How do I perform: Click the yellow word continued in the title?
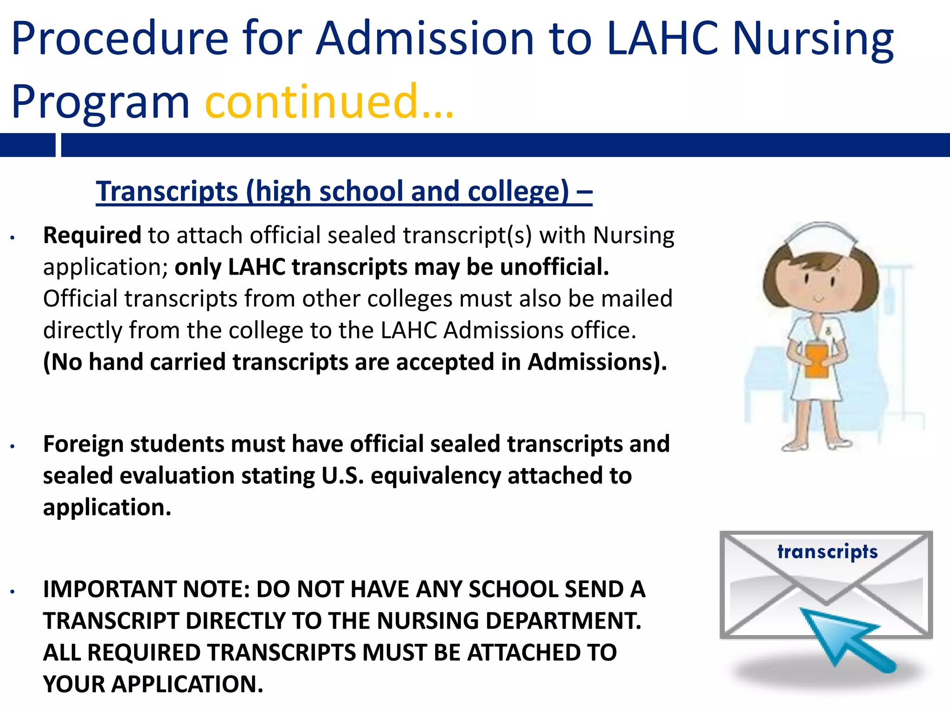312,101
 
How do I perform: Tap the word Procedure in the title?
120,39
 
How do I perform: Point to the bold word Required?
92,235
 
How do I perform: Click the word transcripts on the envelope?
828,552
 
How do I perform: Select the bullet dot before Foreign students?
13,447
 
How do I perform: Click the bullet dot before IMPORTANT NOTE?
13,592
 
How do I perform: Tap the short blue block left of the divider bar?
27,145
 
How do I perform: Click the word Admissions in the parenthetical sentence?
590,362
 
